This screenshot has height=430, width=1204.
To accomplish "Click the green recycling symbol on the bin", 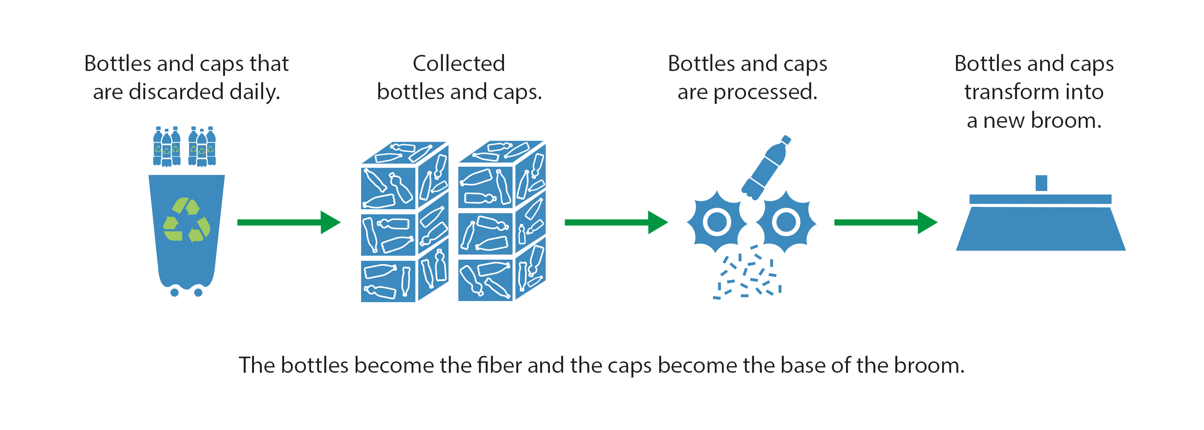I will (x=187, y=220).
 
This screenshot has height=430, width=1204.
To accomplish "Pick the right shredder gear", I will (x=786, y=222).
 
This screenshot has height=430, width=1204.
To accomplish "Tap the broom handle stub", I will (x=1041, y=183).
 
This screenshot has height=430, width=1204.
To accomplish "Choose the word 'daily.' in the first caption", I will (x=255, y=92).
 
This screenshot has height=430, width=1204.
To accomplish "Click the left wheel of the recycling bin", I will (x=174, y=293).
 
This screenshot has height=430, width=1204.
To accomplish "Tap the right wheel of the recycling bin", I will (x=198, y=293).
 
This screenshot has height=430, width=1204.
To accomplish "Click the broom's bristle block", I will (x=1041, y=229).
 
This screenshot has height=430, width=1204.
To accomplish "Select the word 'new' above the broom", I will (x=1005, y=121).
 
